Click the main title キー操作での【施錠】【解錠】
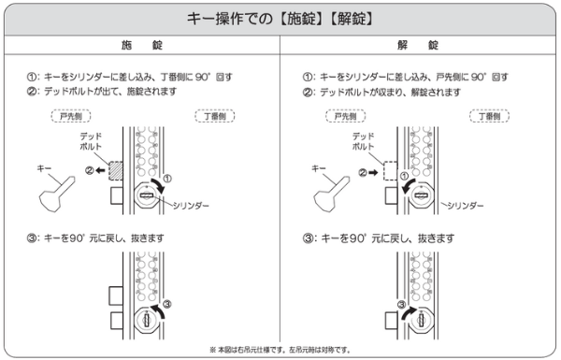pyautogui.click(x=280, y=19)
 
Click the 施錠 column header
pyautogui.click(x=142, y=45)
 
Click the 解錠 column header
pyautogui.click(x=418, y=45)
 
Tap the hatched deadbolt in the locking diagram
pyautogui.click(x=116, y=171)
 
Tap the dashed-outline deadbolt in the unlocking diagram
pyautogui.click(x=390, y=171)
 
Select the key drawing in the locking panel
pyautogui.click(x=56, y=194)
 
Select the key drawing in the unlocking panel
pyautogui.click(x=331, y=194)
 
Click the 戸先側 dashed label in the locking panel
pyautogui.click(x=71, y=116)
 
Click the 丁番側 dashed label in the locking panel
pyautogui.click(x=215, y=116)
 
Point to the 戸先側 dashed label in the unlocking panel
pyautogui.click(x=346, y=116)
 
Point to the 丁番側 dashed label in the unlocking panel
pyautogui.click(x=489, y=116)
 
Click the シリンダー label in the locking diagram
pyautogui.click(x=191, y=206)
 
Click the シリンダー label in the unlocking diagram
pyautogui.click(x=466, y=206)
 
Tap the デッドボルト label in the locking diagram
pyautogui.click(x=91, y=141)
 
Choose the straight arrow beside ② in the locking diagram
pyautogui.click(x=100, y=170)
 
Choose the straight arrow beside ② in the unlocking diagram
pyautogui.click(x=373, y=173)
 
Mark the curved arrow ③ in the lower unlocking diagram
pyautogui.click(x=408, y=312)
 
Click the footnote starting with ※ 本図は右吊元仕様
pyautogui.click(x=280, y=350)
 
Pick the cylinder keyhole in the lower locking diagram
pyautogui.click(x=147, y=319)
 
